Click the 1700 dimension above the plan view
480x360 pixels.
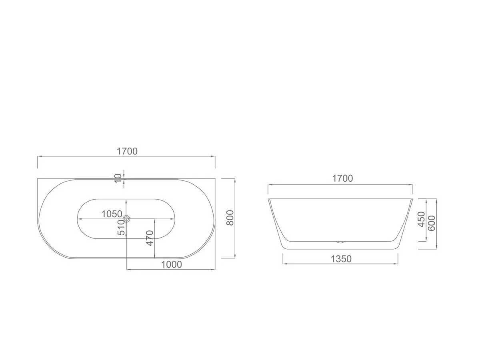click(x=127, y=151)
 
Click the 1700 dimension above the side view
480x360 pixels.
click(x=342, y=178)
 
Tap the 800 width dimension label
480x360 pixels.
click(x=230, y=218)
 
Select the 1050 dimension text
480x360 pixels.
click(x=112, y=214)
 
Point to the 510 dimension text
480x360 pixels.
click(x=122, y=227)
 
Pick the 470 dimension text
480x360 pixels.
click(x=150, y=238)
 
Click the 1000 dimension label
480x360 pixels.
click(x=172, y=264)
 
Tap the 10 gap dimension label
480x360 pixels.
click(x=118, y=178)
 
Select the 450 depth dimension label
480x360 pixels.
click(x=421, y=220)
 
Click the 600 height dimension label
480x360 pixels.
click(x=432, y=223)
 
